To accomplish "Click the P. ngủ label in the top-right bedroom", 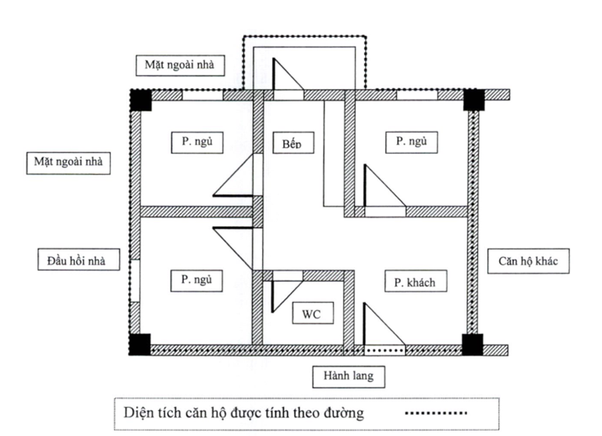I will pos(413,143).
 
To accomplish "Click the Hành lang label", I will pos(349,376).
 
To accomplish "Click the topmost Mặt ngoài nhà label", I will pos(179,64).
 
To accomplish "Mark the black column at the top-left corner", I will pos(141,100).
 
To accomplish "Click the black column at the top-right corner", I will pos(474,100).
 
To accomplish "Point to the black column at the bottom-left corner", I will pos(141,343).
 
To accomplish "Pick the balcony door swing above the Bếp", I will pos(284,78).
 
